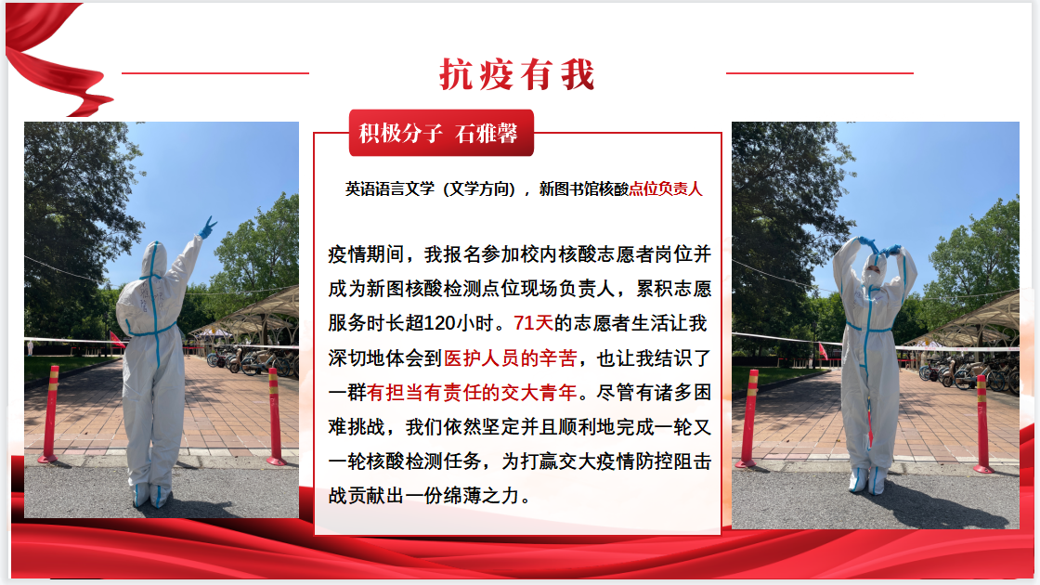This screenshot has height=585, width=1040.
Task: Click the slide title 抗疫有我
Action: click(516, 73)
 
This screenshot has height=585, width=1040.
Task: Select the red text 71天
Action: click(533, 324)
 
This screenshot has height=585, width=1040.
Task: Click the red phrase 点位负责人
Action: click(665, 189)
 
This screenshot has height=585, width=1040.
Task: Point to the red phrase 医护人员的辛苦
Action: click(510, 358)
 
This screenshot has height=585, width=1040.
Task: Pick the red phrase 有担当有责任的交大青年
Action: click(472, 393)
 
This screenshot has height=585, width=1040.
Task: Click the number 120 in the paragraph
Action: click(439, 324)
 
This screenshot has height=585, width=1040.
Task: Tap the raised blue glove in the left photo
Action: click(208, 227)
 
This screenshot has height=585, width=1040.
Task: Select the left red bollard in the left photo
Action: click(50, 413)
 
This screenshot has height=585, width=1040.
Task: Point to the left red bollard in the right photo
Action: click(748, 419)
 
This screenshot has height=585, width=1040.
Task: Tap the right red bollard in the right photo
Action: click(982, 423)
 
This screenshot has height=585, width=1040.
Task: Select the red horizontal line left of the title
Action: click(215, 73)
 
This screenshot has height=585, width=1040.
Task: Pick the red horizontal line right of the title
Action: click(820, 73)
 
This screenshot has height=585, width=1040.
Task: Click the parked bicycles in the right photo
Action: click(968, 375)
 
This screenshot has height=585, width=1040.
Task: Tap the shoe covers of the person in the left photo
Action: click(150, 496)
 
